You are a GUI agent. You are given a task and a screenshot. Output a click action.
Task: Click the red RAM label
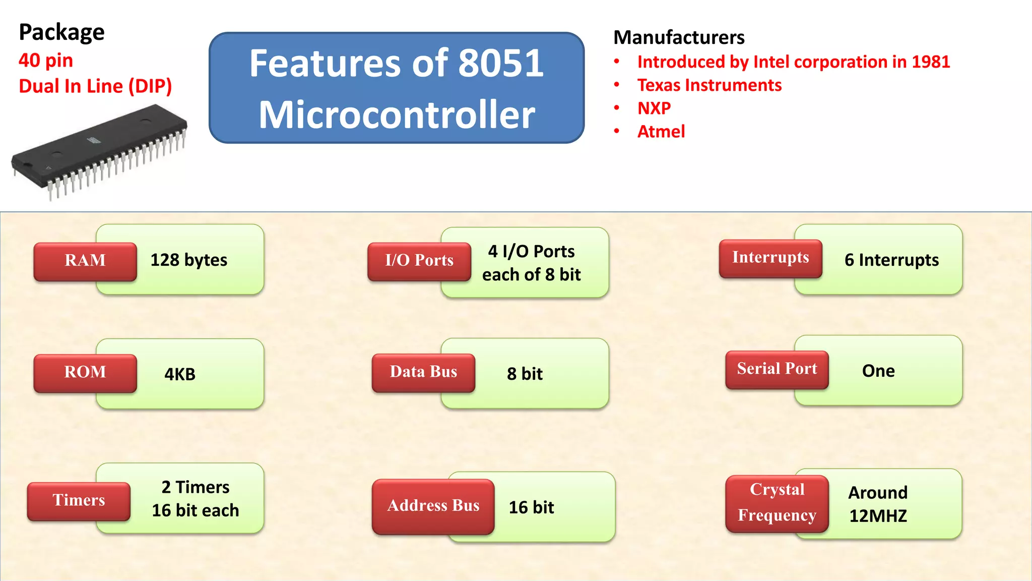[x=85, y=261]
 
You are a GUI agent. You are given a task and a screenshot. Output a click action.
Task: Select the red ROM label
[x=85, y=373]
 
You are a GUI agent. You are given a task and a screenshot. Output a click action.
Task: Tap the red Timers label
[x=79, y=500]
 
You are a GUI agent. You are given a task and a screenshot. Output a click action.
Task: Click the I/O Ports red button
[x=419, y=261]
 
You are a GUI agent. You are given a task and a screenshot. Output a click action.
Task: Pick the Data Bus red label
[x=423, y=372]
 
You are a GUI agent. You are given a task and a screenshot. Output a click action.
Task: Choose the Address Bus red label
[x=433, y=506]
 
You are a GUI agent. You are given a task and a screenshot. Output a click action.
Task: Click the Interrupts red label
[x=770, y=258]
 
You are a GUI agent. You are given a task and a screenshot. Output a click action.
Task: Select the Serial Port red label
[x=777, y=369]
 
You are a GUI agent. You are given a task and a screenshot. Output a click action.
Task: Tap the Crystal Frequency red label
[x=777, y=503]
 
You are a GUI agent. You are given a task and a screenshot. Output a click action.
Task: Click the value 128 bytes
[x=189, y=260]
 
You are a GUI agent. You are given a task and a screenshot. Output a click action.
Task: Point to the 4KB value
[x=180, y=375]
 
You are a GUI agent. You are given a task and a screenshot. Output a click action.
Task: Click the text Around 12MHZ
[x=878, y=504]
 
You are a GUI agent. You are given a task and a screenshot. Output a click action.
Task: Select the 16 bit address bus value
[x=531, y=507]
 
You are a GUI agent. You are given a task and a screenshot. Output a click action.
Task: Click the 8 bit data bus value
[x=525, y=374]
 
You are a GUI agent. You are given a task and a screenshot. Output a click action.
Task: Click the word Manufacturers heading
[x=679, y=38]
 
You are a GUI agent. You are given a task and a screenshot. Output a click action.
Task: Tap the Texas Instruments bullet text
[x=709, y=85]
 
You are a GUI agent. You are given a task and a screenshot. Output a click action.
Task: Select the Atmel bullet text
[x=661, y=132]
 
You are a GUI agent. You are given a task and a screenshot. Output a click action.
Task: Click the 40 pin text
[x=46, y=61]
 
